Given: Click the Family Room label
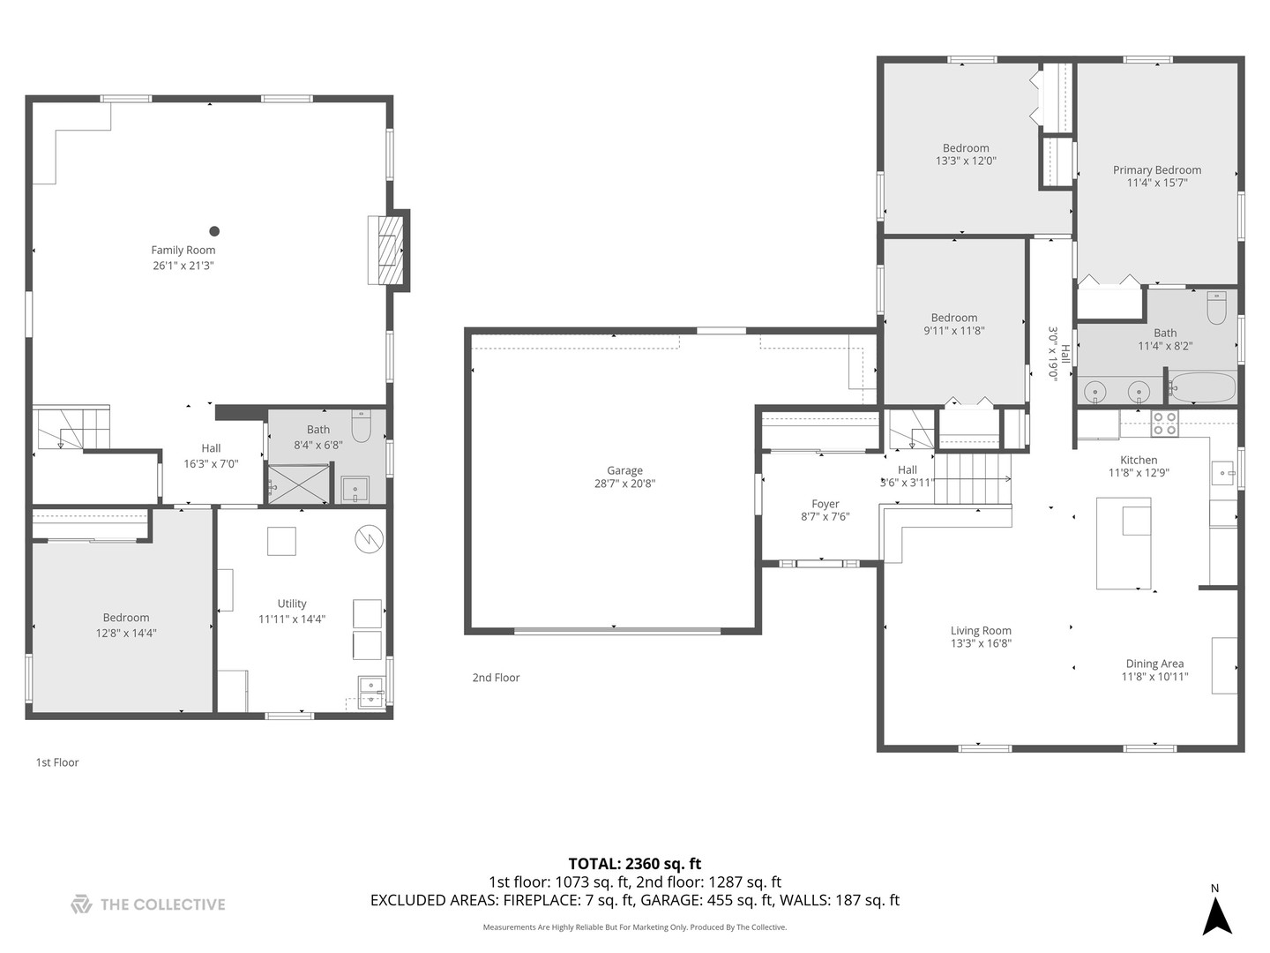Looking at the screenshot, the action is click(183, 250).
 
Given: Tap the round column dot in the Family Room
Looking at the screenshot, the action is click(214, 231).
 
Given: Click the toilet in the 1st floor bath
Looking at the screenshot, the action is click(361, 426).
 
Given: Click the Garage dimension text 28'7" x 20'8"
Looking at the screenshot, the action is click(625, 484).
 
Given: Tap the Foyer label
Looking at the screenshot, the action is click(825, 504).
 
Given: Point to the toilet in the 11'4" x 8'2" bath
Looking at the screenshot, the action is click(1216, 307).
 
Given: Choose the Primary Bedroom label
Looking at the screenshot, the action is click(1157, 170).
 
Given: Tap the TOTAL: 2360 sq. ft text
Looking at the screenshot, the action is click(635, 864).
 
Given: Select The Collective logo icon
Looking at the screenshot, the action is click(82, 904).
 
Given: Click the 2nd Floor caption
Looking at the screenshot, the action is click(496, 678).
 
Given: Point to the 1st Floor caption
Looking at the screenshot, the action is click(57, 762).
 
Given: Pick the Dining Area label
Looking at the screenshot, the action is click(1154, 664).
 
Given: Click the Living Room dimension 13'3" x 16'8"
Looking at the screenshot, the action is click(981, 643).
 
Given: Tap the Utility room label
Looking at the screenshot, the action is click(292, 604).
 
